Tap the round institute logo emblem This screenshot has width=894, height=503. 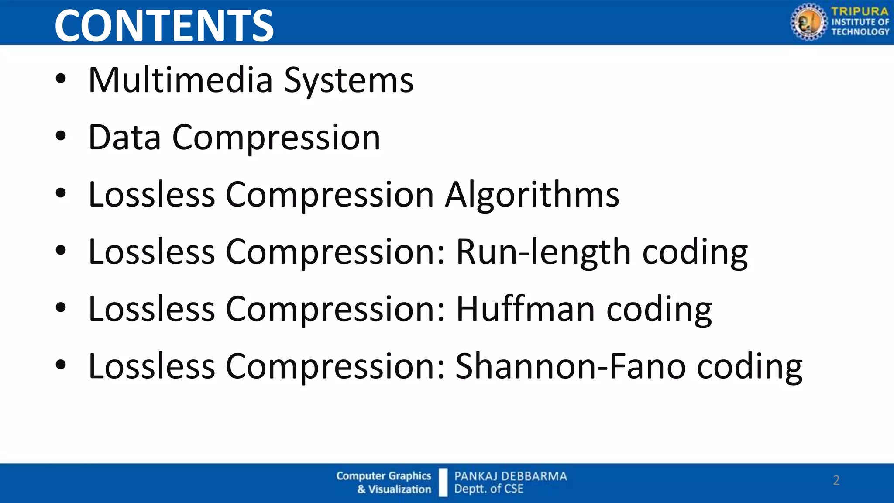(x=808, y=22)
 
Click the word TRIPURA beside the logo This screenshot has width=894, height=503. (x=860, y=11)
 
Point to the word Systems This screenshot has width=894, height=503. (x=348, y=81)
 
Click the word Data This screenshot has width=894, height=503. (x=124, y=137)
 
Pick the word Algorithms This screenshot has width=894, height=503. (x=532, y=195)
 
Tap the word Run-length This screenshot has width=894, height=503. (x=543, y=252)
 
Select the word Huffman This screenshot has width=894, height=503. (x=525, y=309)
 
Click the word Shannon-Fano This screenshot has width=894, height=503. (x=570, y=366)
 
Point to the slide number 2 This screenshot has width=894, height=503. (x=836, y=480)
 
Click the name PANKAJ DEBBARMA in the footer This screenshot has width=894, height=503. (x=510, y=476)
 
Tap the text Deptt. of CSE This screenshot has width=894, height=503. (x=488, y=489)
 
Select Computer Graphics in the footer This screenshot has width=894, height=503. (x=383, y=475)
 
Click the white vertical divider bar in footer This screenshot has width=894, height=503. (x=443, y=482)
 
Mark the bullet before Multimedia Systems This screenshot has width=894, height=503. (x=61, y=79)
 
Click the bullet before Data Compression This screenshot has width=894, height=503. (x=61, y=136)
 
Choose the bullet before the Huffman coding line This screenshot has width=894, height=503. (x=61, y=308)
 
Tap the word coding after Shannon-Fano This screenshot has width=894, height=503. (x=749, y=367)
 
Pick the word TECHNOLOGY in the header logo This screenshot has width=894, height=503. (x=860, y=31)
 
